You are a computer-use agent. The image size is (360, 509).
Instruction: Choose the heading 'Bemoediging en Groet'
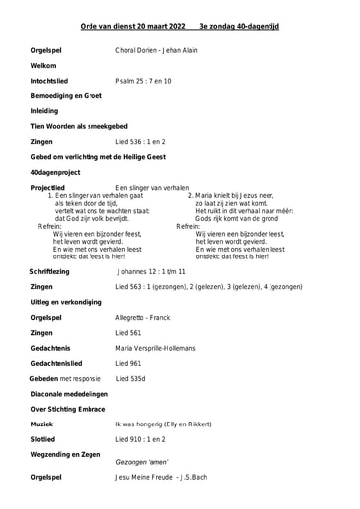68,95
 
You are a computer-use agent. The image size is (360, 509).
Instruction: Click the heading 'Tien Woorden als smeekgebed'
79,127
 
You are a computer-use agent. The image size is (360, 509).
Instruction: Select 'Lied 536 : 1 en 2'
141,142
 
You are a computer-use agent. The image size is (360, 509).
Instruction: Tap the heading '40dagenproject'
55,172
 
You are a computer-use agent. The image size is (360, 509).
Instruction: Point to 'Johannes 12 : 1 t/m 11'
151,270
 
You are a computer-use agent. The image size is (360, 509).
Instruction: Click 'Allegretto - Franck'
144,317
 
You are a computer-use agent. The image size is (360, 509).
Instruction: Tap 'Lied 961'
129,364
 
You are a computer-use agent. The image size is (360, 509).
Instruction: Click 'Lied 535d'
131,379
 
